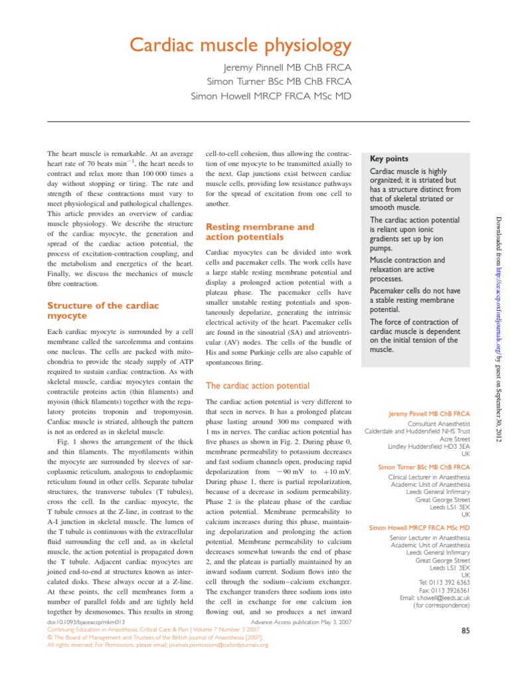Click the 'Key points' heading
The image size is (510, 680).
click(x=388, y=159)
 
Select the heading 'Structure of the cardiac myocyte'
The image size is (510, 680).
click(x=103, y=311)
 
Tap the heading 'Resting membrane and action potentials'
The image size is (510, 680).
click(x=260, y=232)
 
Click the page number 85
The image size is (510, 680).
click(x=466, y=632)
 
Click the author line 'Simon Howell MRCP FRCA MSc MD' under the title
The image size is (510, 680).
click(x=270, y=96)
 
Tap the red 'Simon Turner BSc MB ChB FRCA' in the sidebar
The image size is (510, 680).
click(x=424, y=467)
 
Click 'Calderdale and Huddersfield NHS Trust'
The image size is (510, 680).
click(x=417, y=431)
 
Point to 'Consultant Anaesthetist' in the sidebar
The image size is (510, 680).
click(x=439, y=423)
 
